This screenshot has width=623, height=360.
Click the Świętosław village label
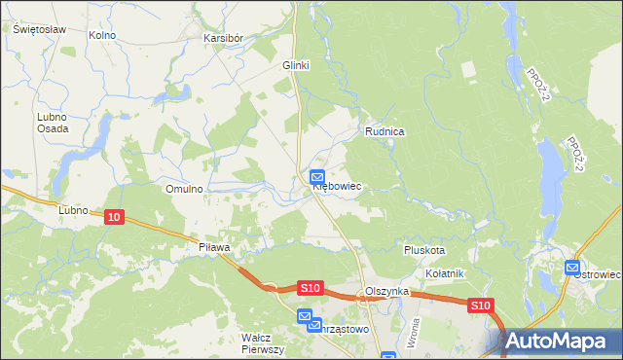[x=39, y=29]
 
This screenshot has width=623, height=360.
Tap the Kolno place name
[x=101, y=35]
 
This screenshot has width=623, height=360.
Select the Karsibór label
[x=222, y=38]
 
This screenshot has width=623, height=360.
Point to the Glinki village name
[x=295, y=65]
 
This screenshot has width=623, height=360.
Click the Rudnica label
[x=385, y=130]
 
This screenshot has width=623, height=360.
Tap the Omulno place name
[x=184, y=189]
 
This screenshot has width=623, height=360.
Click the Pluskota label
[x=424, y=250]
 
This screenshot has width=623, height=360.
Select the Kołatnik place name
[x=445, y=273]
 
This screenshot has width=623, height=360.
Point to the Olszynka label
[x=385, y=292]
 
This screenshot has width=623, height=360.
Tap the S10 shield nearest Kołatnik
[x=480, y=306]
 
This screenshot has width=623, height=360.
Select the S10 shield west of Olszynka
[x=310, y=288]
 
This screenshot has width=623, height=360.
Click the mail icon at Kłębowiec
[x=317, y=176]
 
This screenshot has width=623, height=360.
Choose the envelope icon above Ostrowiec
[x=572, y=267]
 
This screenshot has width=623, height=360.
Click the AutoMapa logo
[x=563, y=342]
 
